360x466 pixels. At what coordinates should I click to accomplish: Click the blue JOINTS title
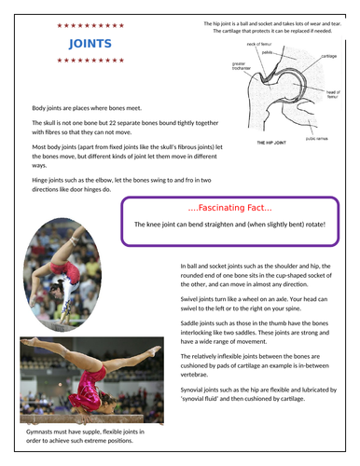click(x=91, y=44)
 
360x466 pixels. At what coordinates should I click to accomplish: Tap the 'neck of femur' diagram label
click(x=257, y=45)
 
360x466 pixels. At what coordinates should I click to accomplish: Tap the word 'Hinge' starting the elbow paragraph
click(x=42, y=178)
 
